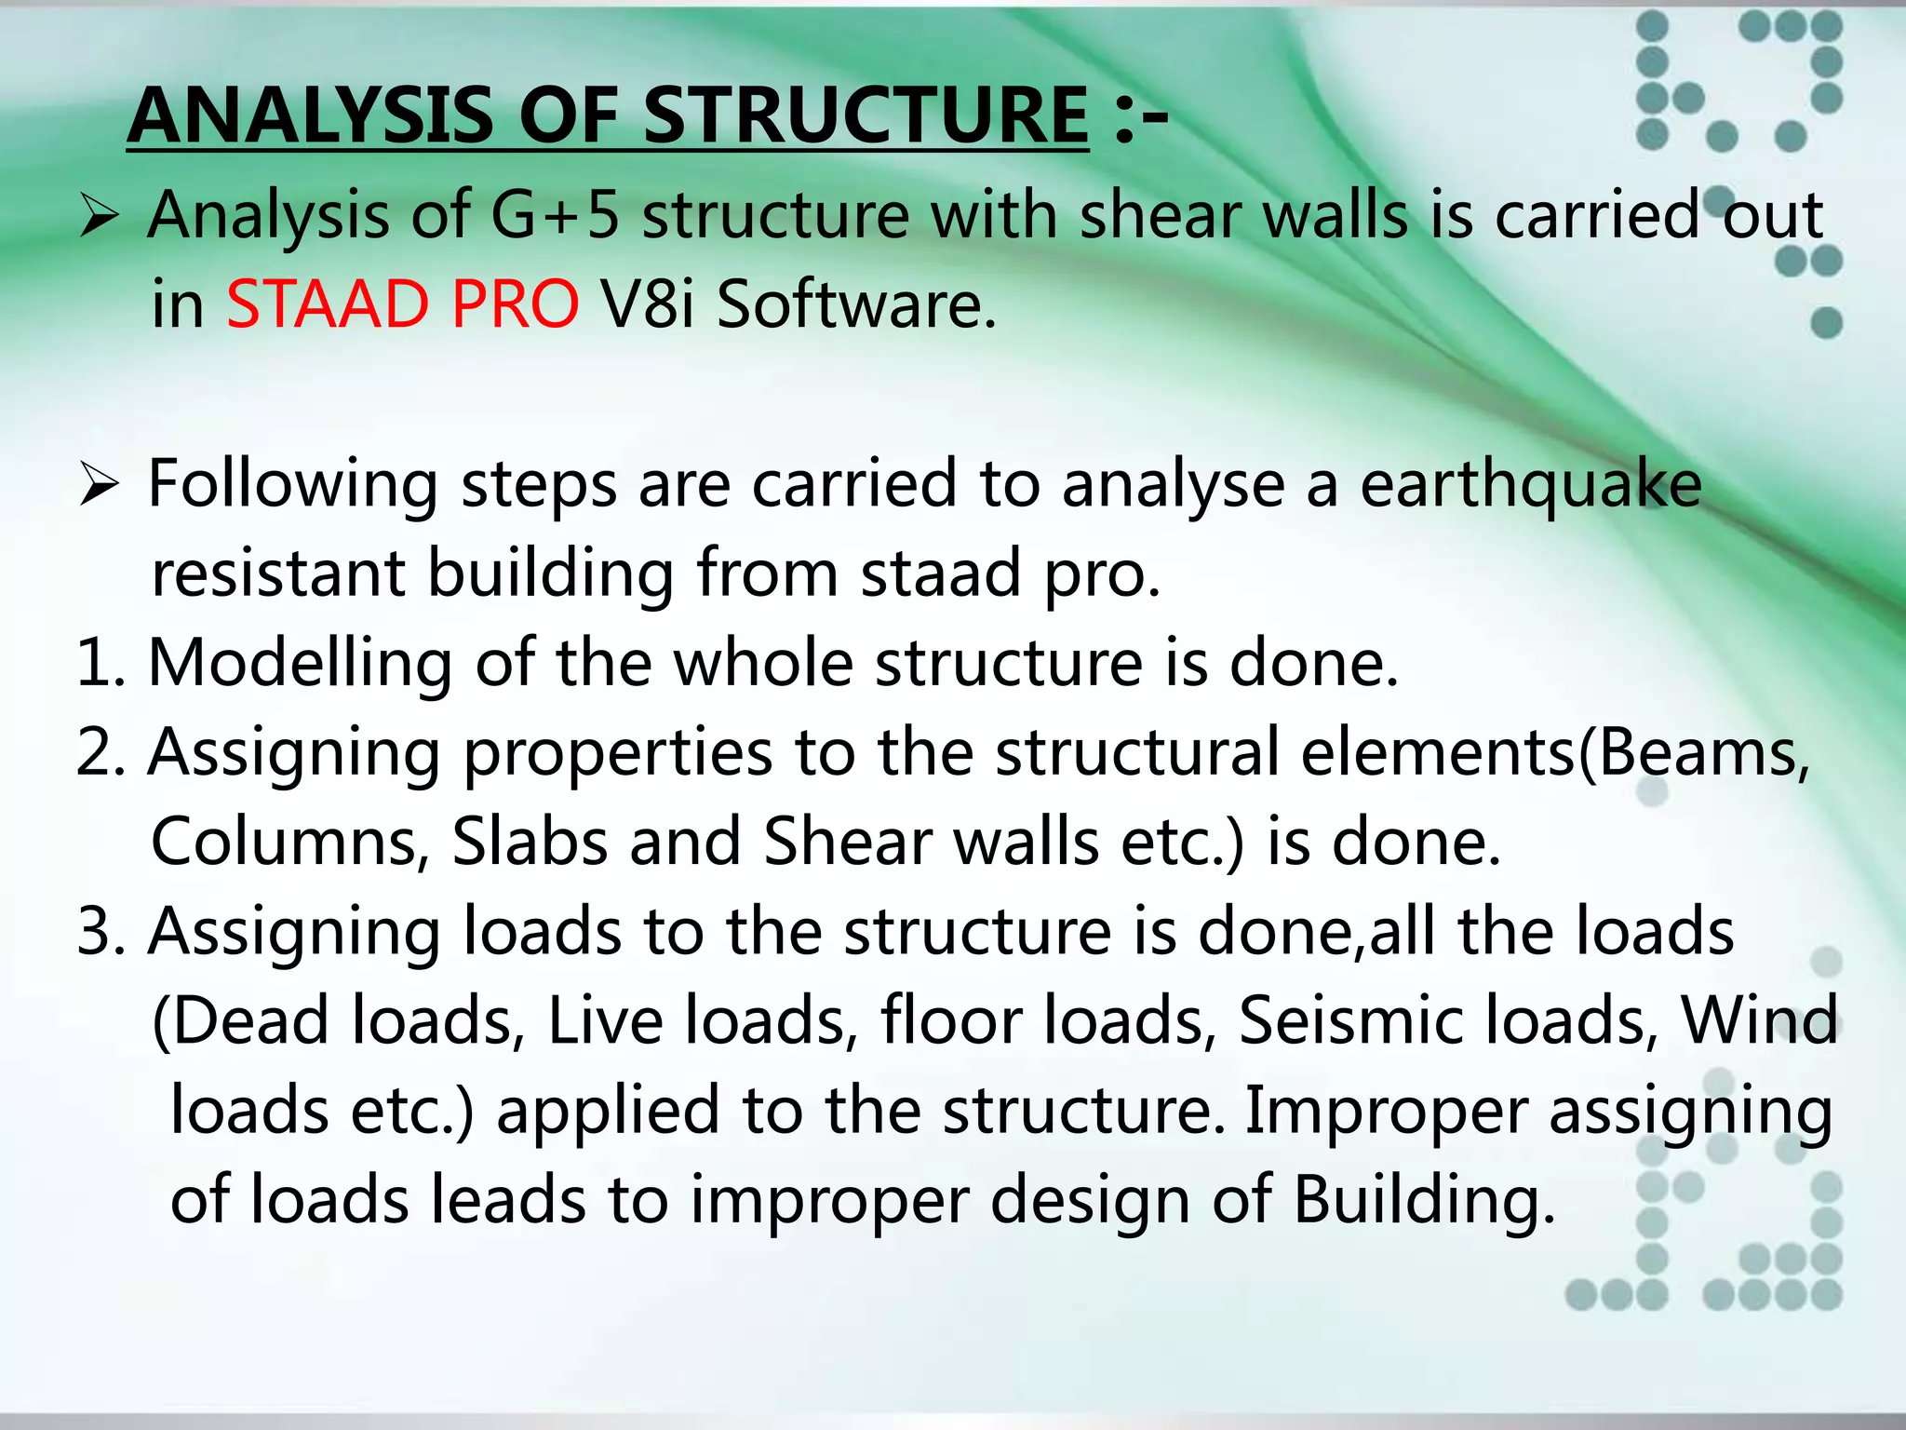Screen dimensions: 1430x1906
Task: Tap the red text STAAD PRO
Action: [x=403, y=304]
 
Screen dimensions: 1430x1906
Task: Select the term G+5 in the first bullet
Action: [x=555, y=215]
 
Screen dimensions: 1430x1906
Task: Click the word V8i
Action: [x=647, y=304]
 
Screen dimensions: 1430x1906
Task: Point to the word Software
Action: [x=855, y=304]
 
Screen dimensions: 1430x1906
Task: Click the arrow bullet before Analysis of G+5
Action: [x=99, y=217]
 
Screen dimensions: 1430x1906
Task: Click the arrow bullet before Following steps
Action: [x=99, y=485]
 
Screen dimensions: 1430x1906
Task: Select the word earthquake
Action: [x=1531, y=485]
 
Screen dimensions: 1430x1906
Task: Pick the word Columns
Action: [x=289, y=842]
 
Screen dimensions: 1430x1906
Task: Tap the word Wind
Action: [x=1759, y=1020]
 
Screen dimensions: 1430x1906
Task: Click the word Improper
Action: [x=1386, y=1110]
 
